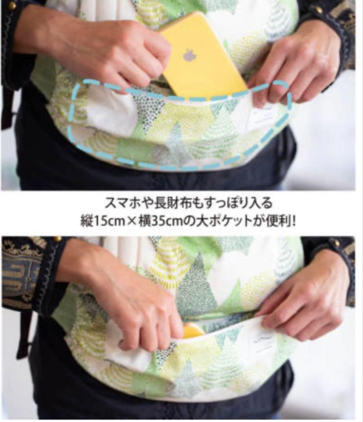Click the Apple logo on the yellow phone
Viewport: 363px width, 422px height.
click(189, 55)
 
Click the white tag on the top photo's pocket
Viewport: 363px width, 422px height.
click(261, 117)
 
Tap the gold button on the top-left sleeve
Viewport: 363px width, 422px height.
click(11, 5)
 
